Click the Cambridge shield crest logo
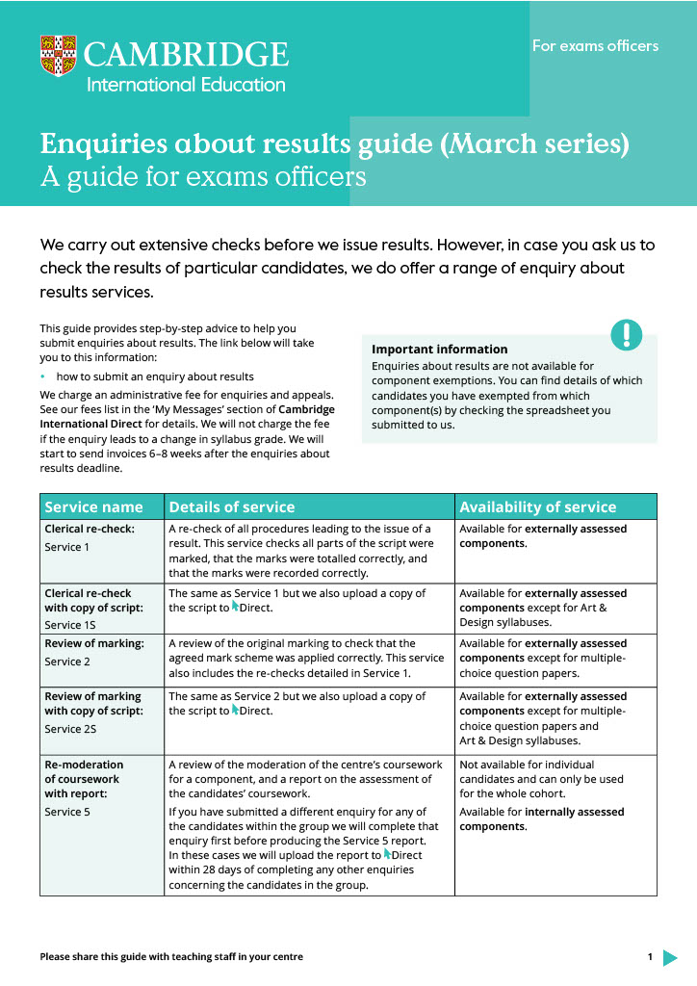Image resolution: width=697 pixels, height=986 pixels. click(58, 56)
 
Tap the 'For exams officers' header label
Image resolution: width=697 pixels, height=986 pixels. click(595, 46)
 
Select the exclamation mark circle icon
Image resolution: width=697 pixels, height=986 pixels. click(626, 334)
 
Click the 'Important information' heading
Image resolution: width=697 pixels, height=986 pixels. click(439, 350)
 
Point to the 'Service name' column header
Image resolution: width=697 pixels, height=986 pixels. click(94, 506)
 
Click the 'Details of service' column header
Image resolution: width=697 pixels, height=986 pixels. click(232, 506)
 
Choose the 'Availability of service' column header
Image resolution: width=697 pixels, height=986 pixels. click(537, 506)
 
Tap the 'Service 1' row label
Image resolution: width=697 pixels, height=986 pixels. click(66, 547)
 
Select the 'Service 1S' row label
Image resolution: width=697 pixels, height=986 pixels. click(69, 625)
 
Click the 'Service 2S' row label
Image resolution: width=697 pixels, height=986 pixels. click(70, 729)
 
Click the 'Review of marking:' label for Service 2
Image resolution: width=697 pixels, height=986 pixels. click(94, 643)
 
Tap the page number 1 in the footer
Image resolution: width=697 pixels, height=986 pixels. click(650, 957)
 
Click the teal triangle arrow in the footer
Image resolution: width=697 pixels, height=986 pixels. click(670, 957)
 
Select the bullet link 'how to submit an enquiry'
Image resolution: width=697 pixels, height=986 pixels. click(154, 376)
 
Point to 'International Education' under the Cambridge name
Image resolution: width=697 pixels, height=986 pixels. click(186, 85)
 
